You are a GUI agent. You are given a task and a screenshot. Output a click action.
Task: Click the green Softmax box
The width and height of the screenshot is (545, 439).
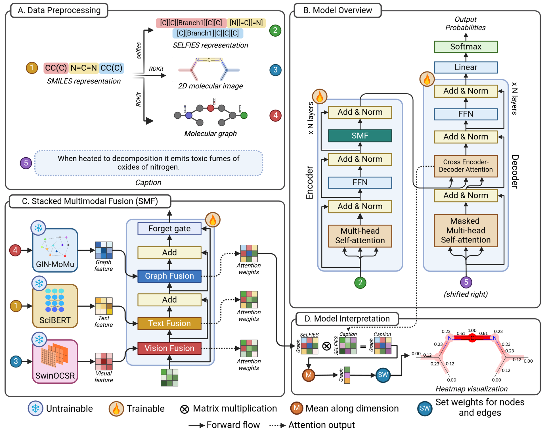point(466,47)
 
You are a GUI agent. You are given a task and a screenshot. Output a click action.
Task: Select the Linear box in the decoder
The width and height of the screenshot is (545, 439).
point(466,67)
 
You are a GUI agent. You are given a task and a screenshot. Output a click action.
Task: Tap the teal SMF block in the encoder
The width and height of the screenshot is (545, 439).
point(360,136)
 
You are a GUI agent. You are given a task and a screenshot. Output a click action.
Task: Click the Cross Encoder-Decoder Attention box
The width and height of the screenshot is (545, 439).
point(466,166)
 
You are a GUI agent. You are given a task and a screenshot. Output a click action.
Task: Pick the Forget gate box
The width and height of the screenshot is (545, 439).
point(169,229)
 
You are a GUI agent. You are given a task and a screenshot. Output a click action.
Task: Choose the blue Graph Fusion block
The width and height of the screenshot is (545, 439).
point(169,276)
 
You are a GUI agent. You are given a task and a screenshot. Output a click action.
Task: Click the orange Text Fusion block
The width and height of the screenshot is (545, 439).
point(169,323)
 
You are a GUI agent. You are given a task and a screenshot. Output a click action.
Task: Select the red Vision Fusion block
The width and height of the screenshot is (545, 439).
point(169,348)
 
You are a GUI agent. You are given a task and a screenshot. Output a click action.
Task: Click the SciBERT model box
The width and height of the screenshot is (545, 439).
point(55,306)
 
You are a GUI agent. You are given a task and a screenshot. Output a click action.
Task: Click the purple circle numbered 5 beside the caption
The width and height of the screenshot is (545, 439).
point(26,163)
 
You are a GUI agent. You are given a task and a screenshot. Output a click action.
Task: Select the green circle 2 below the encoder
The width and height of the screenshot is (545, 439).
point(360,283)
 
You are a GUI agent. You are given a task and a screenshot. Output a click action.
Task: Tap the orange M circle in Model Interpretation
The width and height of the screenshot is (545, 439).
point(309,375)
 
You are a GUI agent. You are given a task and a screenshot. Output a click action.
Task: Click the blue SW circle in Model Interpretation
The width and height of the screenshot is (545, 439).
point(383,375)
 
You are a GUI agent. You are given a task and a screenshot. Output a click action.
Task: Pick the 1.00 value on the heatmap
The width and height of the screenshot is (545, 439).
point(472,331)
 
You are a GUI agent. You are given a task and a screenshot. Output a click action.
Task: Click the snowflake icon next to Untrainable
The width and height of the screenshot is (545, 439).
point(35,408)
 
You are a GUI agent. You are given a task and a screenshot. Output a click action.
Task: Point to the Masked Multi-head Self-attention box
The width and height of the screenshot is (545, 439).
point(466,231)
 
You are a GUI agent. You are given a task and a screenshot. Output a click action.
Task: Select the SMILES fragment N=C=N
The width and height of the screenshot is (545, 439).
point(84,68)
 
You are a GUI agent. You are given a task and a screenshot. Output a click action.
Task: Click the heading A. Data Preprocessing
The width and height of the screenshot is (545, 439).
point(59,11)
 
